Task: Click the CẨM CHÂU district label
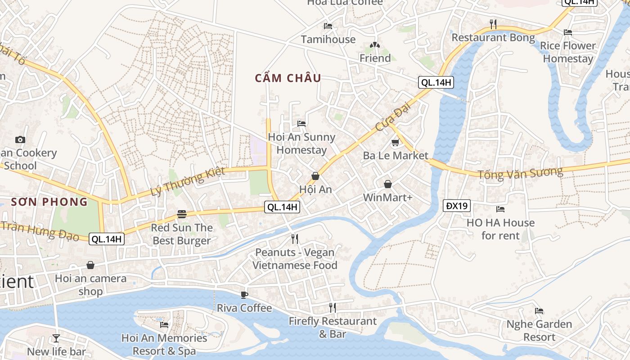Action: (x=288, y=78)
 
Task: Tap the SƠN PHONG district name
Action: (x=49, y=202)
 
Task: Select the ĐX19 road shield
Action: (x=457, y=206)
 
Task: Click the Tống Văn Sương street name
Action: (x=520, y=173)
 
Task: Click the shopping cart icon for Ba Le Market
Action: (x=395, y=143)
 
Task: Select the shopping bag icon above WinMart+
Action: (x=387, y=184)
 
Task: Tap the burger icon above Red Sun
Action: (x=182, y=214)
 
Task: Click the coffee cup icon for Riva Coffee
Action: (x=244, y=295)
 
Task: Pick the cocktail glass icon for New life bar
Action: (x=56, y=338)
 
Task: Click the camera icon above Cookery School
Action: (x=20, y=139)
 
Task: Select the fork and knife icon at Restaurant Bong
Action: (x=493, y=24)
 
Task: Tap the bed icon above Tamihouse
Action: (x=328, y=26)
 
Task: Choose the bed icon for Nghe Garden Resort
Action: (x=539, y=311)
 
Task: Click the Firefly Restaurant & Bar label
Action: (x=333, y=328)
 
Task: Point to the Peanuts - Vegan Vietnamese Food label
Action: (x=295, y=259)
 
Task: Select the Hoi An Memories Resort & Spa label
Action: (x=164, y=344)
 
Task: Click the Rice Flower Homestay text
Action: (x=567, y=52)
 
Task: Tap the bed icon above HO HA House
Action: (x=500, y=209)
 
